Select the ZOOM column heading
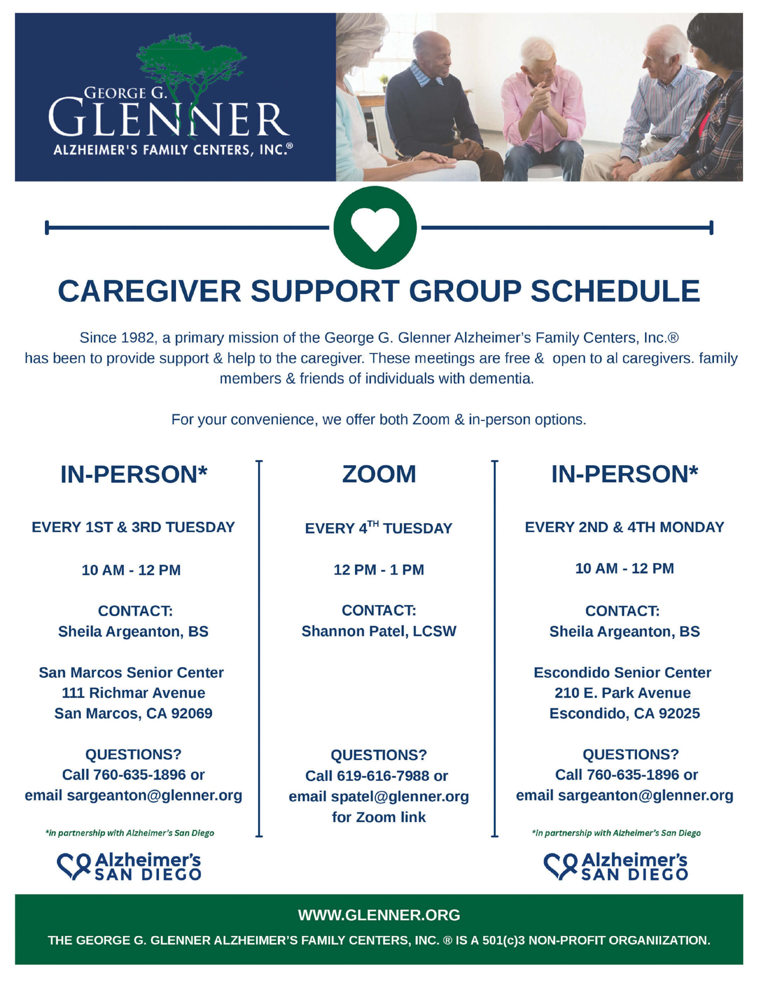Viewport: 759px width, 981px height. coord(379,474)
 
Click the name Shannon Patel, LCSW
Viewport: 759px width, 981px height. coord(379,631)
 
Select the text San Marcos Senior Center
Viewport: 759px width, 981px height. coord(131,673)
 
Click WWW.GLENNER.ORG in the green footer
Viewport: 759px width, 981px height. coord(379,915)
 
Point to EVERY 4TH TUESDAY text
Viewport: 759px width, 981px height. coord(379,528)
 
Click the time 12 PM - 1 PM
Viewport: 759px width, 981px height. coord(379,569)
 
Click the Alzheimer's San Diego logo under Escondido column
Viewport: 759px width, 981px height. coord(615,866)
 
